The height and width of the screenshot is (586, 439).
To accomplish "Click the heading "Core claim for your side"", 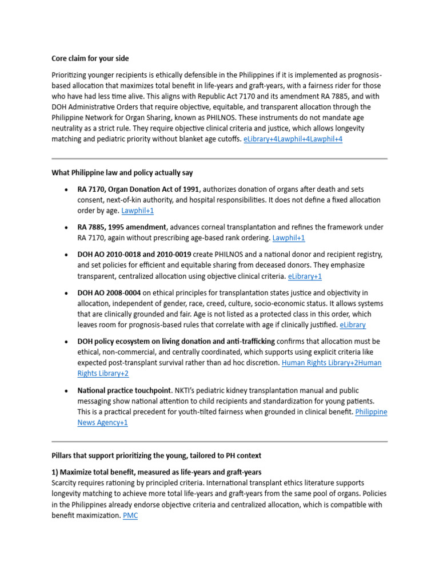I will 90,58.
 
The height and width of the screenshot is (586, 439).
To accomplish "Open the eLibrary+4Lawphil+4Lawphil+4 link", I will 293,139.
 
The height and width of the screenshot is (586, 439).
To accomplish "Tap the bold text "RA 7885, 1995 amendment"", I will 122,227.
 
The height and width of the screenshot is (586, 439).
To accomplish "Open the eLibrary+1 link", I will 305,276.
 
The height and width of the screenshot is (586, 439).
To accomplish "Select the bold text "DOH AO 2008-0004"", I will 109,292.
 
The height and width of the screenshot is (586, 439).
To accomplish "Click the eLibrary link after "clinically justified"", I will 353,325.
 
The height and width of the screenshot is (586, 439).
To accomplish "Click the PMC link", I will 130,516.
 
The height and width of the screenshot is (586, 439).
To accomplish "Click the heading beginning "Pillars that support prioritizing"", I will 156,456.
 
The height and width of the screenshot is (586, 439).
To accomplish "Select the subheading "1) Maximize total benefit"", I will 156,472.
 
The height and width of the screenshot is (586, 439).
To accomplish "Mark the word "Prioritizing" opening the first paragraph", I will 71,75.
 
